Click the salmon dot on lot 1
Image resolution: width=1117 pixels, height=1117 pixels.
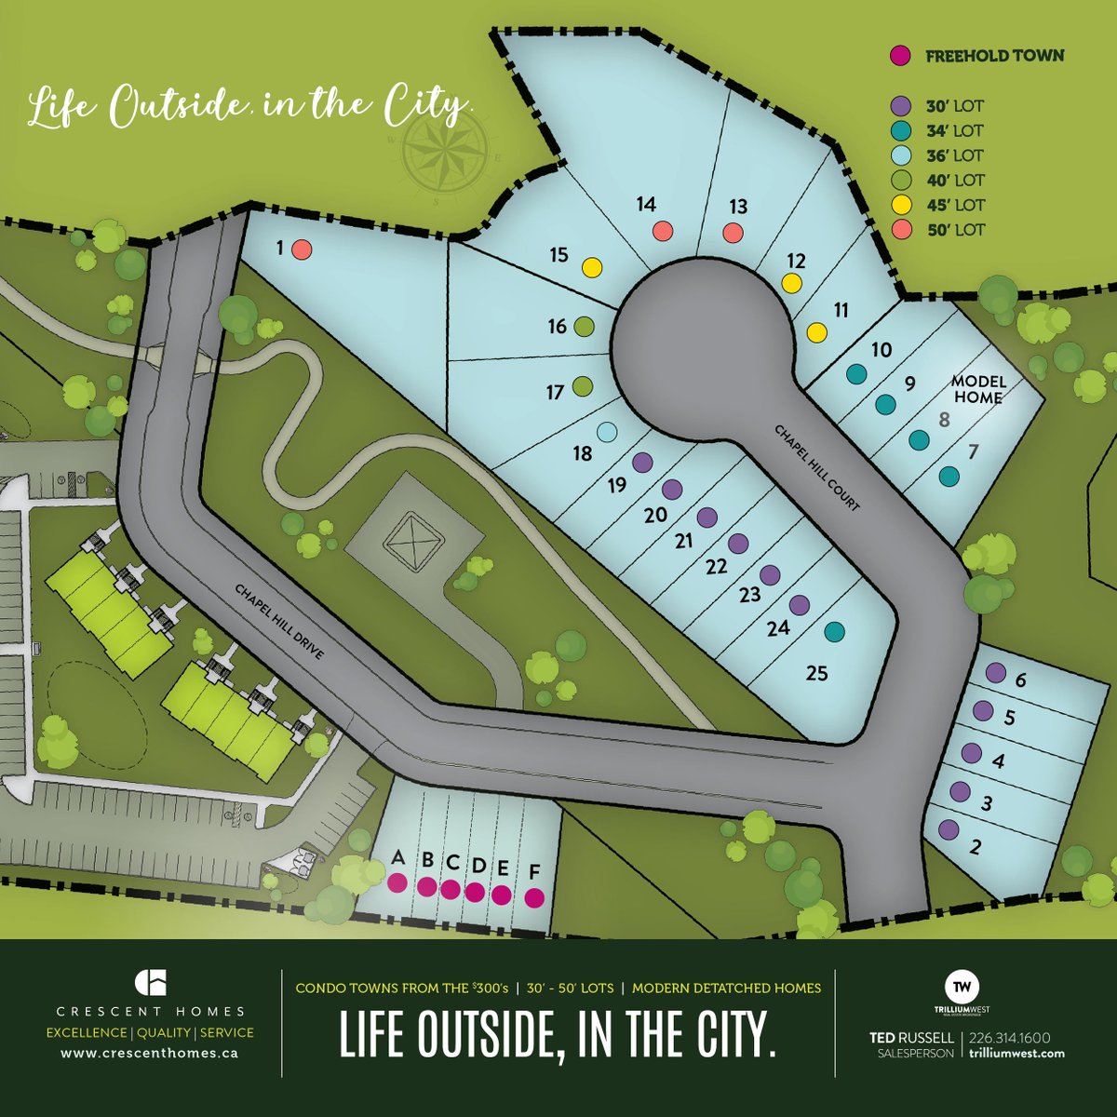click(301, 249)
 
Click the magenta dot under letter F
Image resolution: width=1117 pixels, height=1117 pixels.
click(534, 897)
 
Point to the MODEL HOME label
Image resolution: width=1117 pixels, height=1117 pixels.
click(977, 389)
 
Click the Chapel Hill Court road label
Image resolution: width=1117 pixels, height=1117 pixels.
click(817, 467)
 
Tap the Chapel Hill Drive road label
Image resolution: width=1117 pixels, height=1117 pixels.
click(279, 622)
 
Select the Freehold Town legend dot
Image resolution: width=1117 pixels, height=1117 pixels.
click(899, 56)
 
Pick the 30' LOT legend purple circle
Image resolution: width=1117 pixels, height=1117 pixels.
click(899, 105)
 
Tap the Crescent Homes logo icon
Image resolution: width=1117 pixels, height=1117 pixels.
click(150, 983)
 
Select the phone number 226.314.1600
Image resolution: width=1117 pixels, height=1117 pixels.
click(1010, 1037)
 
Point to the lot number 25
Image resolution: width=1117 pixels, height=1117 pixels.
click(816, 673)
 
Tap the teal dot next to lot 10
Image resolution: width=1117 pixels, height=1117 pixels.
click(855, 374)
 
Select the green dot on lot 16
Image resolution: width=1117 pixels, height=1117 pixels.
click(584, 327)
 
